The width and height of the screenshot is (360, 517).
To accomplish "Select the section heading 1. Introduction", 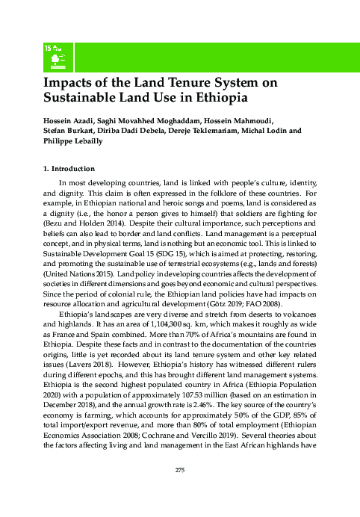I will pyautogui.click(x=70, y=169).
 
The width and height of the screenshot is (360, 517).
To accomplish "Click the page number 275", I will pyautogui.click(x=180, y=489).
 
